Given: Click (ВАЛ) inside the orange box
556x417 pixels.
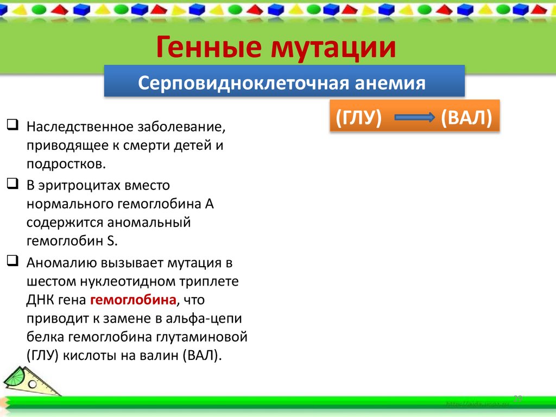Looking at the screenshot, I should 466,117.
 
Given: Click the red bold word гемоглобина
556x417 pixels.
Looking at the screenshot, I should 133,300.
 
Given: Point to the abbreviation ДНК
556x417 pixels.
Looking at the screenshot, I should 39,300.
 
